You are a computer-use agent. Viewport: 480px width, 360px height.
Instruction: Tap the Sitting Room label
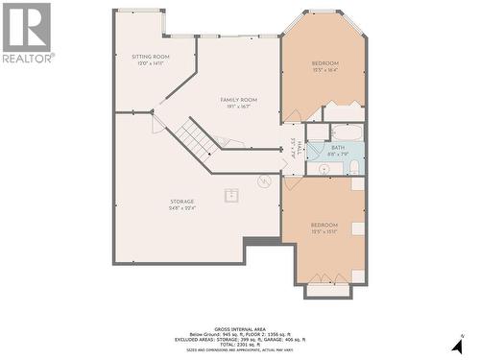[x=151, y=57]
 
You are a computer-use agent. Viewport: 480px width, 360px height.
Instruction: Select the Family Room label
[x=239, y=100]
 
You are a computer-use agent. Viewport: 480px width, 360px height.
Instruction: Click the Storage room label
[x=182, y=202]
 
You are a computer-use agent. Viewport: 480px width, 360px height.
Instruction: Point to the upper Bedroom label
[x=325, y=63]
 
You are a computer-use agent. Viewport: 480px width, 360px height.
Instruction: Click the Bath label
[x=338, y=148]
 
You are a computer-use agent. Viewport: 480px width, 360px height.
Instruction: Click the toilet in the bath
[x=354, y=168]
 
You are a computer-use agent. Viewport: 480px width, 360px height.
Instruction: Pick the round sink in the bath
[x=324, y=168]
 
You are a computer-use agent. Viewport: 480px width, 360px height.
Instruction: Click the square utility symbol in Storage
[x=231, y=195]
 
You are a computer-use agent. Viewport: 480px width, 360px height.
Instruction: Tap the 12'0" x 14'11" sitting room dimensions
[x=151, y=64]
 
